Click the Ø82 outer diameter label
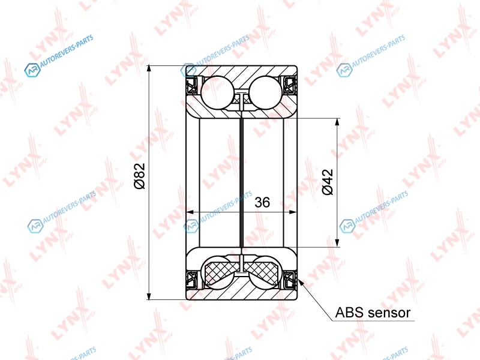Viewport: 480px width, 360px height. (140, 176)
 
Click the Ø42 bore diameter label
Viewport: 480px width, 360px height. (328, 182)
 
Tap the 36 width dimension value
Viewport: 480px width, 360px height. (262, 202)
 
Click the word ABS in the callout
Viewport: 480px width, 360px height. (350, 313)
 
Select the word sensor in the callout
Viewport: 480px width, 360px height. (389, 313)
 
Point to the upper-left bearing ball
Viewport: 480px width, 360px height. (217, 92)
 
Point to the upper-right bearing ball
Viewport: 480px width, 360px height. (265, 92)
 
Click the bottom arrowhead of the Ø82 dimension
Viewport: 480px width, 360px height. (149, 296)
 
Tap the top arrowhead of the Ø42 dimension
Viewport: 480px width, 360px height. (337, 122)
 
